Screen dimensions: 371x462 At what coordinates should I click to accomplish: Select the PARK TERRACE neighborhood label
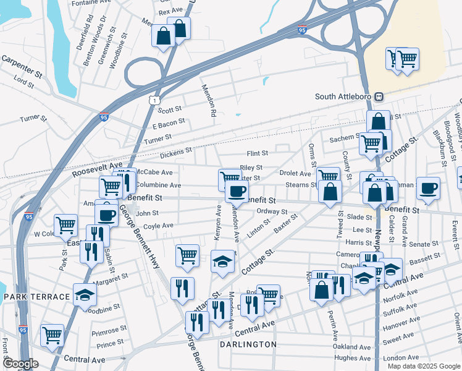[x=36, y=297]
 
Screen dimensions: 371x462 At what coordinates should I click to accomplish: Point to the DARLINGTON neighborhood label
[x=247, y=344]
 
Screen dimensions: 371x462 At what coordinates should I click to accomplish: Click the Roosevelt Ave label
[x=97, y=169]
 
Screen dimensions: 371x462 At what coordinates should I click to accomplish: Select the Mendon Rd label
[x=207, y=101]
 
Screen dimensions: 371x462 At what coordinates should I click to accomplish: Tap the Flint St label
[x=257, y=153]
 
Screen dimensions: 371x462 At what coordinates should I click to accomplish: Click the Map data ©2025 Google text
[x=423, y=366]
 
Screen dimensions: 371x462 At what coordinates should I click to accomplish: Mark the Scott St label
[x=170, y=110]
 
